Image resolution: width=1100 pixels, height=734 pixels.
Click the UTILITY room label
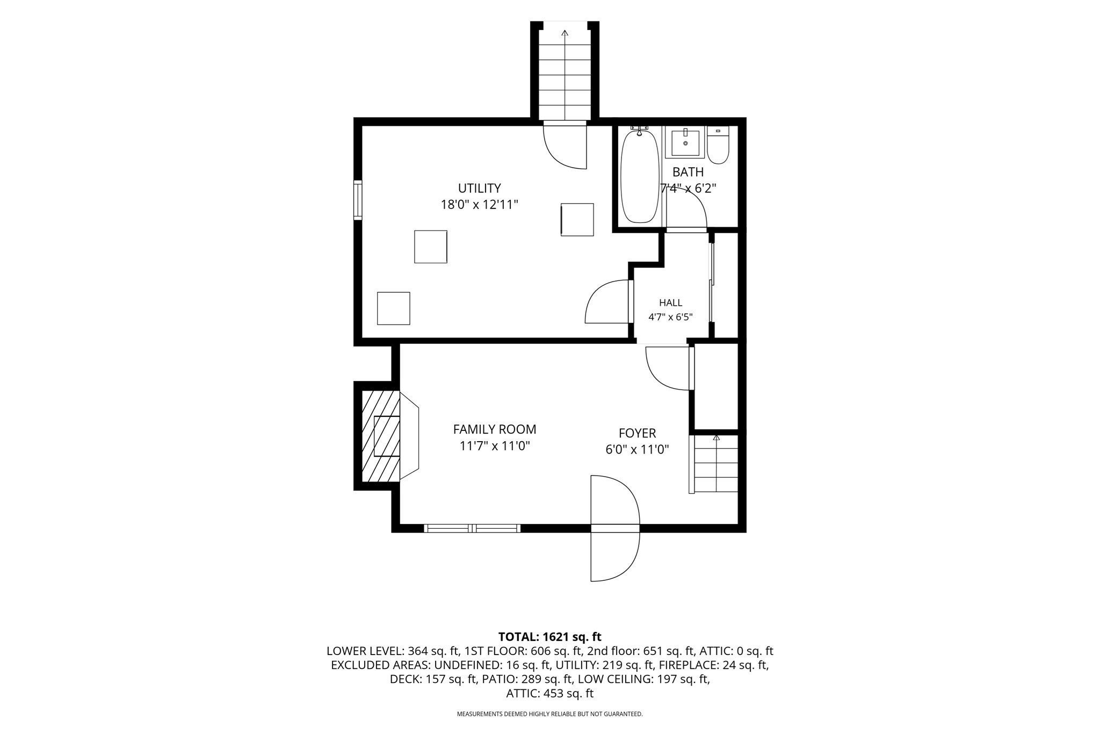click(479, 188)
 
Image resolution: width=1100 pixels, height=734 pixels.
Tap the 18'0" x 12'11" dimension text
click(479, 205)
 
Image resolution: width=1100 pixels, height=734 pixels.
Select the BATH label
click(688, 172)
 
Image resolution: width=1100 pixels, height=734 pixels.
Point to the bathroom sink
click(685, 142)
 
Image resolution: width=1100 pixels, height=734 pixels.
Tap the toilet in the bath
click(718, 145)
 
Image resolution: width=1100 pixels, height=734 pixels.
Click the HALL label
click(671, 303)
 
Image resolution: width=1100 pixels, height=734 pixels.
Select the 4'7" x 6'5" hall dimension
click(671, 317)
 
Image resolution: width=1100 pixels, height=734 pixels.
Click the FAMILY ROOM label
click(495, 429)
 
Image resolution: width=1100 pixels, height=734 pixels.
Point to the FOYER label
click(638, 433)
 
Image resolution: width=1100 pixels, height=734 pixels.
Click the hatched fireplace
click(381, 436)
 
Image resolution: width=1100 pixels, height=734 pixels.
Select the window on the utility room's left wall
click(358, 200)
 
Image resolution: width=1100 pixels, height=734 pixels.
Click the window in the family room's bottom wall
click(472, 528)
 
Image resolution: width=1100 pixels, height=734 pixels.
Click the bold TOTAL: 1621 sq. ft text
click(550, 637)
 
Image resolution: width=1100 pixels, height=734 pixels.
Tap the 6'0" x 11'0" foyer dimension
click(638, 450)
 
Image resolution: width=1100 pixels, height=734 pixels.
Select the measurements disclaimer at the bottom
click(550, 714)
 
